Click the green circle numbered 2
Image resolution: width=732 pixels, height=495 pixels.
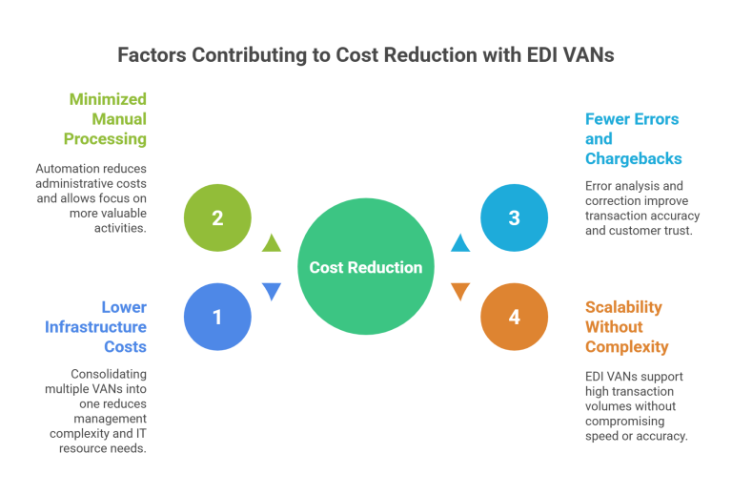click(x=217, y=217)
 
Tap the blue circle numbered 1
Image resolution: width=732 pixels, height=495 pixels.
click(x=217, y=317)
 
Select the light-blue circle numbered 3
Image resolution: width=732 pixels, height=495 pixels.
click(x=515, y=217)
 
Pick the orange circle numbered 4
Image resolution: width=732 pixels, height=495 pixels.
click(x=515, y=317)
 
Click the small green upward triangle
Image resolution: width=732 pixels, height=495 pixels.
click(x=272, y=243)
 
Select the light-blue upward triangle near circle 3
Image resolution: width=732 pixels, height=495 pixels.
click(x=460, y=243)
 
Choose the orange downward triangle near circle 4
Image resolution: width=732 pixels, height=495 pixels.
click(x=460, y=291)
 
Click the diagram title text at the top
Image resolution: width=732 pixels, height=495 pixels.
click(x=366, y=55)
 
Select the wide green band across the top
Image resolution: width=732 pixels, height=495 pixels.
click(x=362, y=138)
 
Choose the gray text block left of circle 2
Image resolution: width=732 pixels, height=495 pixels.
click(x=91, y=196)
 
